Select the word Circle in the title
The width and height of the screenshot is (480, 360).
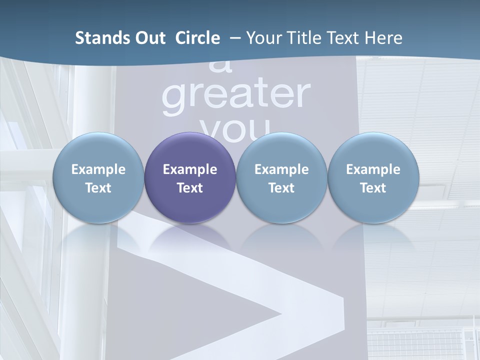[197, 38]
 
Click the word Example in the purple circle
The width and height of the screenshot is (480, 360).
[190, 169]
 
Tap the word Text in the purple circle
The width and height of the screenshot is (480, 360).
[190, 188]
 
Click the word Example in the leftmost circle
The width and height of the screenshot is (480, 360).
[98, 169]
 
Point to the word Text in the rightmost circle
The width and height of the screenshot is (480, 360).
[373, 188]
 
